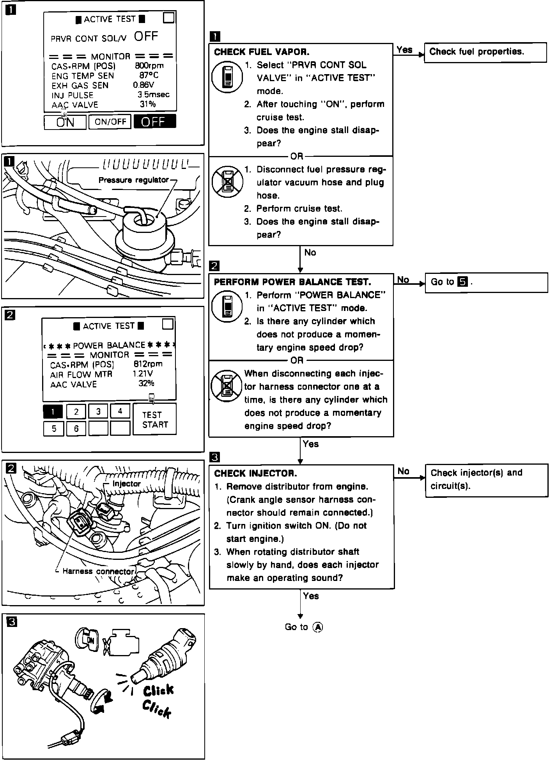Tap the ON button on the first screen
pyautogui.click(x=65, y=122)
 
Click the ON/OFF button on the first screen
pyautogui.click(x=111, y=122)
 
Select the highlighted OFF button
pyautogui.click(x=154, y=122)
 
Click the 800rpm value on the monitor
pyautogui.click(x=149, y=66)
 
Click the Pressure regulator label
pyautogui.click(x=133, y=180)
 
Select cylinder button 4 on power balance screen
pyautogui.click(x=120, y=411)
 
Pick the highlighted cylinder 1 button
pyautogui.click(x=53, y=411)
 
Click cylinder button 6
pyautogui.click(x=76, y=428)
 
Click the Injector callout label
pyautogui.click(x=126, y=484)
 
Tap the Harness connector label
pyautogui.click(x=98, y=572)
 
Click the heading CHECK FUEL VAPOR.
pyautogui.click(x=262, y=52)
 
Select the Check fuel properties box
pyautogui.click(x=485, y=52)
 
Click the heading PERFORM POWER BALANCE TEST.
pyautogui.click(x=292, y=282)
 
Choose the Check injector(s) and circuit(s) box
pyautogui.click(x=486, y=479)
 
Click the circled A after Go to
pyautogui.click(x=318, y=627)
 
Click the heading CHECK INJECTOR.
pyautogui.click(x=255, y=473)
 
